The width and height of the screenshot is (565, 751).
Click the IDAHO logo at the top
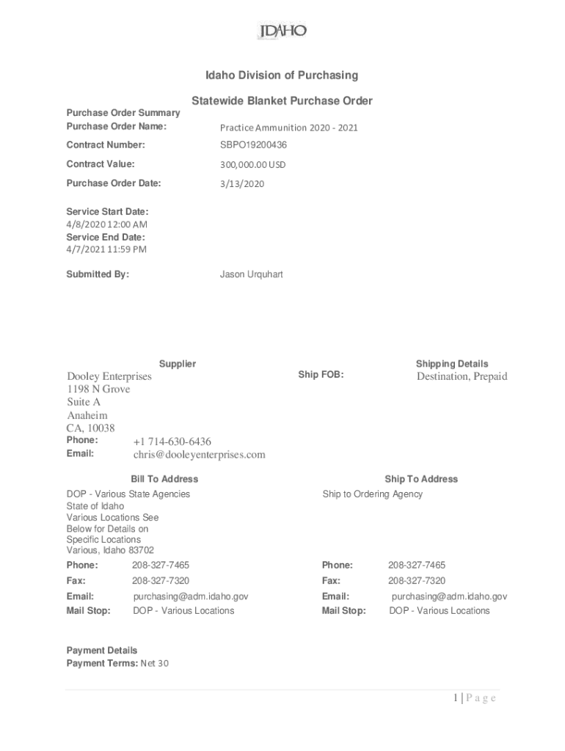click(282, 32)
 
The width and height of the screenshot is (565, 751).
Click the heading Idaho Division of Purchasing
click(281, 75)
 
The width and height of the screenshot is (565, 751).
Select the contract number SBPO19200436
click(253, 145)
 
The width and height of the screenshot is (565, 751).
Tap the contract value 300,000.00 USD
click(252, 164)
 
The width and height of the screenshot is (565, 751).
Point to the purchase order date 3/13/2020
click(241, 183)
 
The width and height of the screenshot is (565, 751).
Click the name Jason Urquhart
click(251, 274)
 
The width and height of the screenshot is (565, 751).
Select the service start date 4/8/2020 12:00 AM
click(106, 224)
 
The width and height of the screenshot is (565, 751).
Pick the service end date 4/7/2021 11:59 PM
click(106, 249)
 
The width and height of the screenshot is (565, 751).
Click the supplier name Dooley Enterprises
click(109, 376)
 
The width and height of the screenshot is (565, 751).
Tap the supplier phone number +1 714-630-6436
click(172, 442)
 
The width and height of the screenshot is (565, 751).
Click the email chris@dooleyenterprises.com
click(199, 455)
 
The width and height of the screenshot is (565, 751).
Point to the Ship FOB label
click(321, 375)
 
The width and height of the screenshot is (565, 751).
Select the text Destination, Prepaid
click(462, 376)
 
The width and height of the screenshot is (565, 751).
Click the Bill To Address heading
click(164, 479)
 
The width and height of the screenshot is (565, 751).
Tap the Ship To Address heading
click(420, 479)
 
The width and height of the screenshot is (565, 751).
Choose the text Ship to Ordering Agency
click(372, 494)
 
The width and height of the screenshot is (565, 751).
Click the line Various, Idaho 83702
click(110, 550)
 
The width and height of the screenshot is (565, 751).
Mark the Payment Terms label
click(97, 664)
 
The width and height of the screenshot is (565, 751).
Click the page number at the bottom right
click(474, 697)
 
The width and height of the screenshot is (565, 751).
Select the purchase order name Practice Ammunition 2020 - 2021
click(288, 128)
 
